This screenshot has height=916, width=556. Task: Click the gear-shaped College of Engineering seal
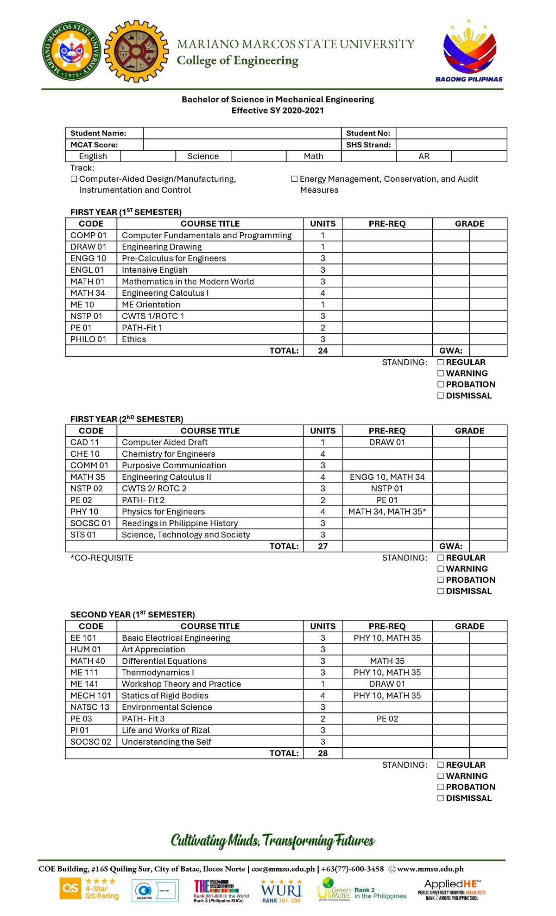click(136, 51)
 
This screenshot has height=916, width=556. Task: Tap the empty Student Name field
click(242, 133)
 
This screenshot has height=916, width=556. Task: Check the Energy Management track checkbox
click(294, 179)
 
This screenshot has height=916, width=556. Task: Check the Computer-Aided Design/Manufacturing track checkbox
click(74, 179)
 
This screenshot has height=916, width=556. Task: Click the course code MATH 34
click(88, 293)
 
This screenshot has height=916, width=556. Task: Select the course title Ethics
click(134, 339)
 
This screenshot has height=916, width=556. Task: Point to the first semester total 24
click(322, 351)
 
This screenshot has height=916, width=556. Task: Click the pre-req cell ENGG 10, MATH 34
click(387, 477)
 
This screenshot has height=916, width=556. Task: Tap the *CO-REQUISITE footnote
click(101, 558)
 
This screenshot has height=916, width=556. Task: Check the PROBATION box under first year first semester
click(441, 384)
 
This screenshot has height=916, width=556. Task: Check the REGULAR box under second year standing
click(441, 765)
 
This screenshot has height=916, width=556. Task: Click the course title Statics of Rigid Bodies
click(165, 695)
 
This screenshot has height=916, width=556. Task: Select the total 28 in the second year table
click(322, 753)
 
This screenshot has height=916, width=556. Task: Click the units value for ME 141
click(322, 684)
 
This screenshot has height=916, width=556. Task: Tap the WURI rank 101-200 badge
click(281, 891)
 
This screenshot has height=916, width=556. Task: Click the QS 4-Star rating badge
click(89, 889)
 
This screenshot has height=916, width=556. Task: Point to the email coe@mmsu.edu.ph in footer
click(283, 869)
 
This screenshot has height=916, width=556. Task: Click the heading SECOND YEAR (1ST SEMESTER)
click(133, 615)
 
